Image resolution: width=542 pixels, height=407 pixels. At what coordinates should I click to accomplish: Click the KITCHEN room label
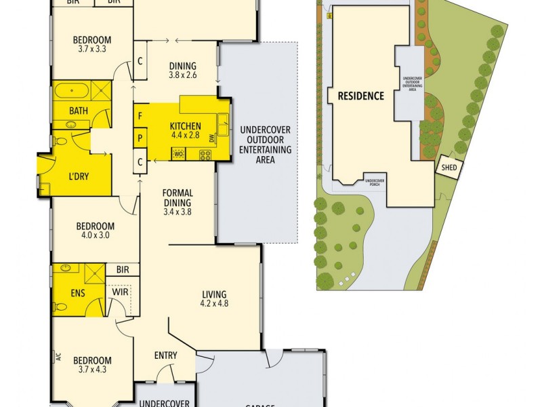[185, 125]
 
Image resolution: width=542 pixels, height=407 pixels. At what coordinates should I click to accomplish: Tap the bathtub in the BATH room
[71, 91]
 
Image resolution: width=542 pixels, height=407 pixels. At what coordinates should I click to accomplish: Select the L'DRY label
[80, 177]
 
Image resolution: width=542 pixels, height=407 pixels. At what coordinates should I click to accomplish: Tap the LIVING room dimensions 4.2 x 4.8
[214, 303]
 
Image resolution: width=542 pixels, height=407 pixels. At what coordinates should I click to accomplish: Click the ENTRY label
[166, 355]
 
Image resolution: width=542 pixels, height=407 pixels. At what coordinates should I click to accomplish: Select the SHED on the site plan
[449, 167]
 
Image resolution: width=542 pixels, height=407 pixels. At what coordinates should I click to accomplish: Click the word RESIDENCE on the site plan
[361, 96]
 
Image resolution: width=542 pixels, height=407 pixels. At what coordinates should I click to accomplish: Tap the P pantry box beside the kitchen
[140, 138]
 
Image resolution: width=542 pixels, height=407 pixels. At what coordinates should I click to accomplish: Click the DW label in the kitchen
[212, 138]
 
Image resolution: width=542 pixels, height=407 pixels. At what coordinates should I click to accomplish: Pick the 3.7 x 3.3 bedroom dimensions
[92, 49]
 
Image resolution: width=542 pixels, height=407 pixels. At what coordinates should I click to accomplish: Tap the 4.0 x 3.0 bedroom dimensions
[95, 235]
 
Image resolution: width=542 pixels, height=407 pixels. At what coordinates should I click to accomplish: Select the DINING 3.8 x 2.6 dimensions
[182, 75]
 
